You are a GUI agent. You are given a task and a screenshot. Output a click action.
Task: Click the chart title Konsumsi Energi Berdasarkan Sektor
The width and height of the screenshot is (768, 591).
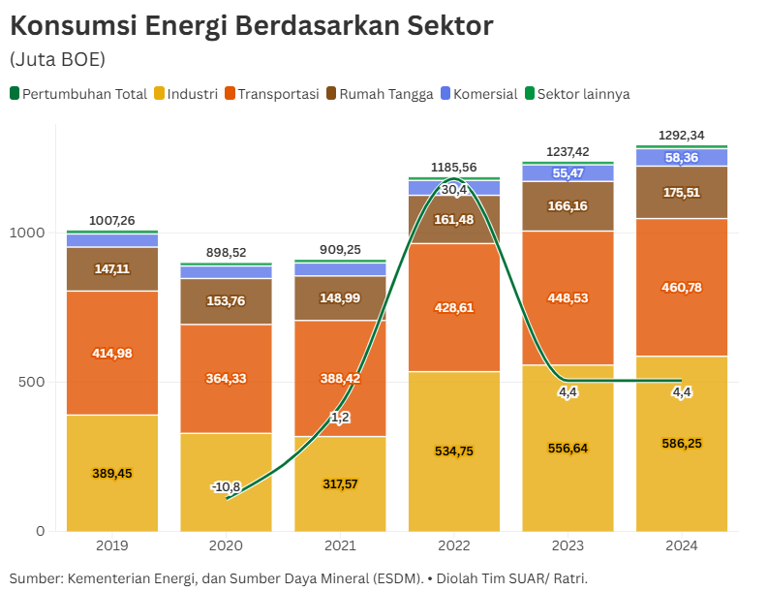pos(251,26)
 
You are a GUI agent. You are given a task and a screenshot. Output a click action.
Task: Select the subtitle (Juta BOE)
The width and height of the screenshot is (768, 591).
pos(57,60)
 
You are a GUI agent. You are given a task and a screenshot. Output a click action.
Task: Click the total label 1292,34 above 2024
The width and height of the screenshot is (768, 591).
pos(682,135)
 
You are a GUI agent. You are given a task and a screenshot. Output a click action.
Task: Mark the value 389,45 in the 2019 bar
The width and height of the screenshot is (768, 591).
pos(112,473)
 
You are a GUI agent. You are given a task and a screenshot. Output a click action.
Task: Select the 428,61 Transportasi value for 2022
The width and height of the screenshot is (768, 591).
pos(454,307)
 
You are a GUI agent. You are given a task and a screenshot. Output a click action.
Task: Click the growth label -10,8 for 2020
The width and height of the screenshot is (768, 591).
pos(226,486)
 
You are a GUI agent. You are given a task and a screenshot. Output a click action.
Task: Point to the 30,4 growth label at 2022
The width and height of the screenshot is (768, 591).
pos(454,190)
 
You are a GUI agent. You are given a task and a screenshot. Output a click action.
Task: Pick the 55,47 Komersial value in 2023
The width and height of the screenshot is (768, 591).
pos(568,173)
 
